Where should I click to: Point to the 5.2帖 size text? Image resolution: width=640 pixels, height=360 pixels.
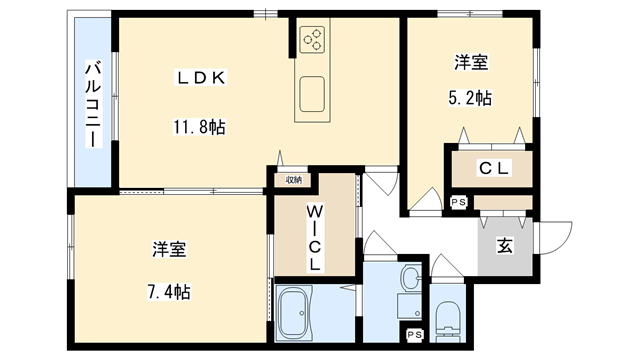469,98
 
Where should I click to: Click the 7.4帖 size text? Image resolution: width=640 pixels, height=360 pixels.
166,292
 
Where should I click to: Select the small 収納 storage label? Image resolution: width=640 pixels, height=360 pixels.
293,180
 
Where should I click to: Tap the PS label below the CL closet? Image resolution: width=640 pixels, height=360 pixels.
458,202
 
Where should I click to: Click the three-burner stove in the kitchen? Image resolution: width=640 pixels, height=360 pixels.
312,40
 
